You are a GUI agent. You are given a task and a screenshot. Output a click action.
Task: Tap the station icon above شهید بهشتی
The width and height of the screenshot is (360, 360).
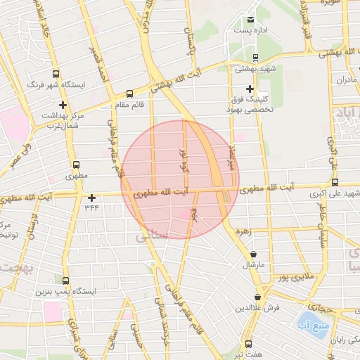pos(255,58)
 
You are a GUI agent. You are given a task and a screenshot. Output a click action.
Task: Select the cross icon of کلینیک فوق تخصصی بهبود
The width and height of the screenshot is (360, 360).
pos(250,89)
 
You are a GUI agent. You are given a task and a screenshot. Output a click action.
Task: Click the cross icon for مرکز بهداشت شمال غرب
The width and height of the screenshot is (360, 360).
pos(63,105)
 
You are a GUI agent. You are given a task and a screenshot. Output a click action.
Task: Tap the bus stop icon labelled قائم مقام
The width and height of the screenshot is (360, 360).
pos(129,94)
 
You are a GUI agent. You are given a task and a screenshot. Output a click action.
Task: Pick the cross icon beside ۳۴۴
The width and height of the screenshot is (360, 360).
pos(91,198)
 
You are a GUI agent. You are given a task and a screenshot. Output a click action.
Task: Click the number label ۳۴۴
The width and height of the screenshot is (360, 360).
pos(91,207)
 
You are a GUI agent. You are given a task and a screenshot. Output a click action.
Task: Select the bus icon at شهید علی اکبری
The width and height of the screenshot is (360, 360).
pos(334,181)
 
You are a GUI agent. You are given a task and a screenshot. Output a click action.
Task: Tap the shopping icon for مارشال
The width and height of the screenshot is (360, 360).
pos(253,254)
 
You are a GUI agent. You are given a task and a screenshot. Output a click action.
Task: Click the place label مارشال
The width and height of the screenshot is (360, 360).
pos(252,264)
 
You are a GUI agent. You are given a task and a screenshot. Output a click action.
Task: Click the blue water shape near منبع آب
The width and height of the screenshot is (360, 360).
pos(318,330)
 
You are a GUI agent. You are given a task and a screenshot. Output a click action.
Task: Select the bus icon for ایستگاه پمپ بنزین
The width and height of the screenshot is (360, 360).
pos(65,281)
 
